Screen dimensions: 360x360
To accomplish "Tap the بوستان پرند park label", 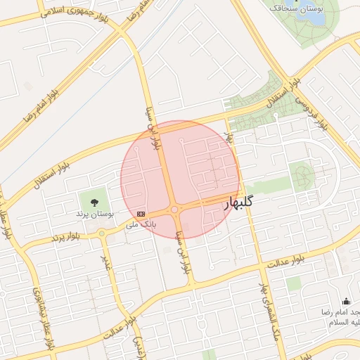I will pos(94,212).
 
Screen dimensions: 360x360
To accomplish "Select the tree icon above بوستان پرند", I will pos(95,200).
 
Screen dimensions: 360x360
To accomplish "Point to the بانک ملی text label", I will pos(140,224).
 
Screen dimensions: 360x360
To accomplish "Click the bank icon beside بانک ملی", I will pos(141,213).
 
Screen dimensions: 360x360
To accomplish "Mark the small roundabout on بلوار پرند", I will pos(102,233).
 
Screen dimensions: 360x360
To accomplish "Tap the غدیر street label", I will pos(107,261).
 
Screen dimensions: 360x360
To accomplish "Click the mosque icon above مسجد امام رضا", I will pos(346,300).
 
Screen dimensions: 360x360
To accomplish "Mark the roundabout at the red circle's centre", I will pos(174,209).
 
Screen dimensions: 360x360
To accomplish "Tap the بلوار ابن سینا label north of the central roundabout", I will pos(153,128).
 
